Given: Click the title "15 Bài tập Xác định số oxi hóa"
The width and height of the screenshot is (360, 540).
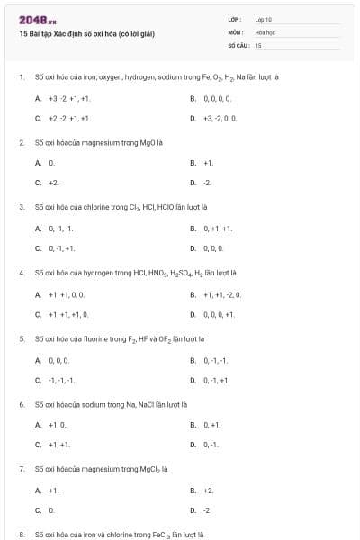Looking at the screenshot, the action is pyautogui.click(x=86, y=34).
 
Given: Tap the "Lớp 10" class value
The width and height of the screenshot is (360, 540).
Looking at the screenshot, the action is pyautogui.click(x=263, y=19).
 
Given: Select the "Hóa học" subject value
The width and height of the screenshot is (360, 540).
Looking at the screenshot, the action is pyautogui.click(x=265, y=31).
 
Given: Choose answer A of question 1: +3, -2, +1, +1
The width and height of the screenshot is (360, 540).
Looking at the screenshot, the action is pyautogui.click(x=69, y=97).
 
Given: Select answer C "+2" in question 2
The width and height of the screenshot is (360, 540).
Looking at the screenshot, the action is pyautogui.click(x=53, y=183).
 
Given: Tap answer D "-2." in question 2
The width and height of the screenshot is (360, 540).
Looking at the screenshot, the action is pyautogui.click(x=207, y=183).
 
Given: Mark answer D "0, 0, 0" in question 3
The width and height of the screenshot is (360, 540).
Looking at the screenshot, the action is pyautogui.click(x=213, y=247).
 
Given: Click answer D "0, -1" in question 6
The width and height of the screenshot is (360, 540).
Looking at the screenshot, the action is pyautogui.click(x=210, y=445).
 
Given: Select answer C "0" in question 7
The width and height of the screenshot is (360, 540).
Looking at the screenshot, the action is pyautogui.click(x=51, y=510).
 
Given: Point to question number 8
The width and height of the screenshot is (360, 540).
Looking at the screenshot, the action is pyautogui.click(x=21, y=535).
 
